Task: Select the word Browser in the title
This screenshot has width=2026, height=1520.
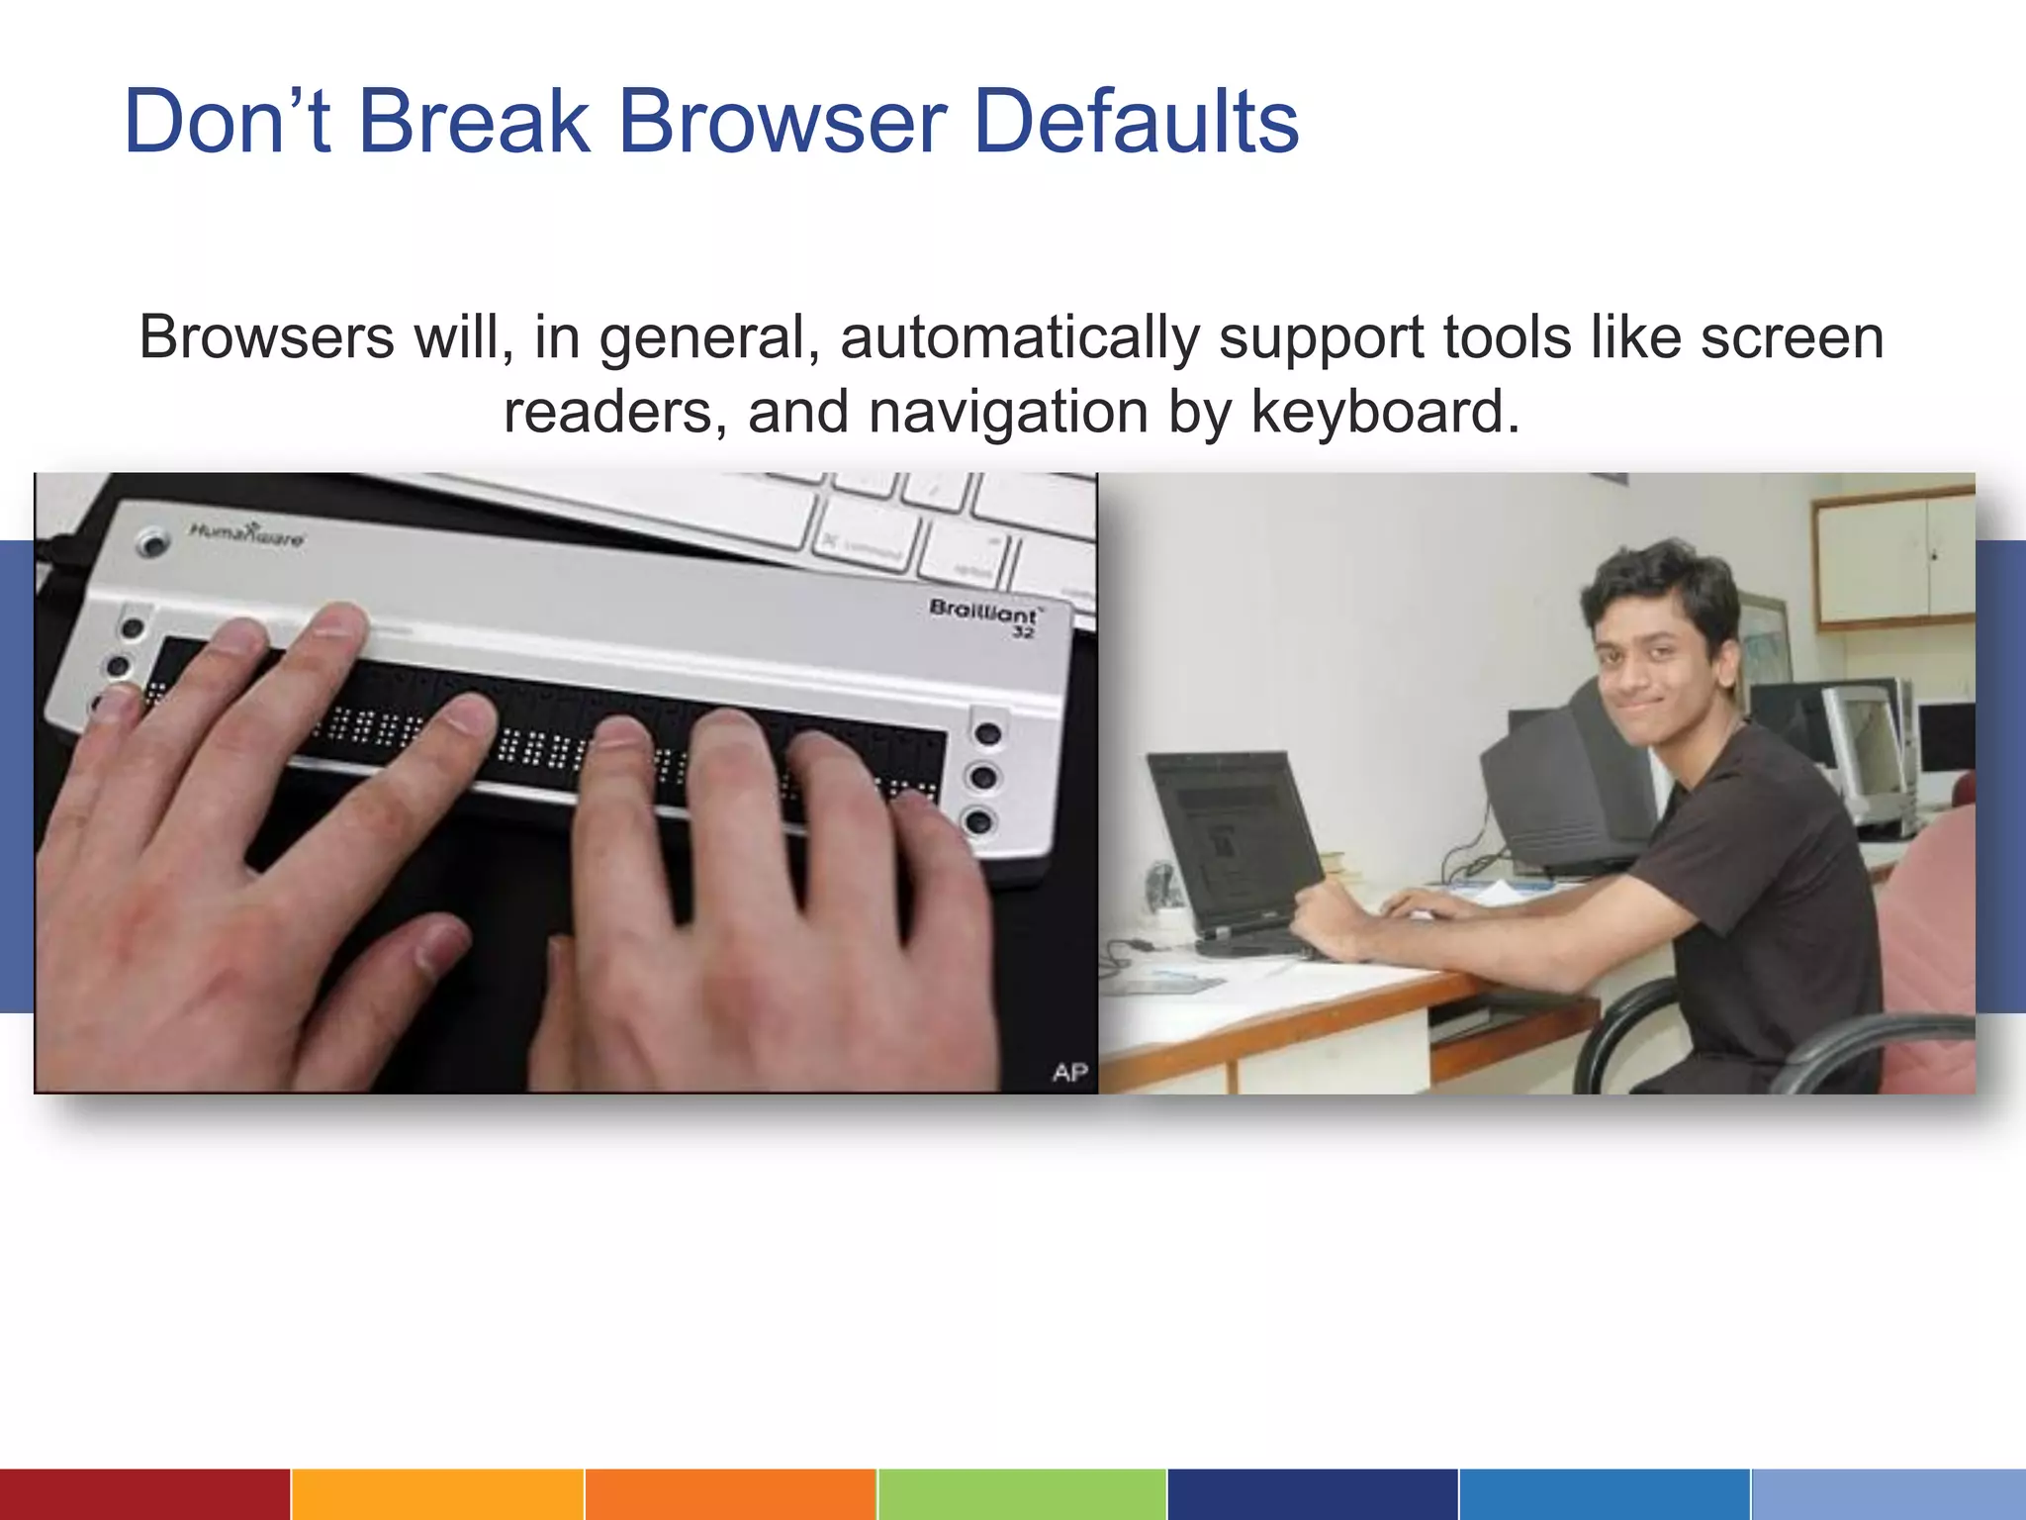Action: [x=783, y=122]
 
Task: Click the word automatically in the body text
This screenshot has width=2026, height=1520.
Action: [x=1019, y=337]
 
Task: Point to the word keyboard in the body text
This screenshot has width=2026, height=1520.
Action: [x=1384, y=412]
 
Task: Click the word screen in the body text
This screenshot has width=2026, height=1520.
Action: [x=1792, y=337]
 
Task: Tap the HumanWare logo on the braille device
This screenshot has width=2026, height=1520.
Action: [x=246, y=535]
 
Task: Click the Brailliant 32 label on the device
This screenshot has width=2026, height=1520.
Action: [x=983, y=615]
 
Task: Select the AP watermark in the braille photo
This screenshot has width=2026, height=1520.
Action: [x=1069, y=1072]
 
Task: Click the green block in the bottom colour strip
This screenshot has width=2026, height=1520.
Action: [x=1022, y=1494]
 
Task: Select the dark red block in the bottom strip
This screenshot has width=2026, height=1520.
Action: [x=144, y=1494]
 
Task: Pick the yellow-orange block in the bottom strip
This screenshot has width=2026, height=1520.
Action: [x=437, y=1494]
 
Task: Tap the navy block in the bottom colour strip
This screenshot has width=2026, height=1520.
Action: [x=1313, y=1494]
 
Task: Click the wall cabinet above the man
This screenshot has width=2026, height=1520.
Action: [x=1893, y=559]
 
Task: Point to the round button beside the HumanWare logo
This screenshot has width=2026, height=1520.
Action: [x=151, y=541]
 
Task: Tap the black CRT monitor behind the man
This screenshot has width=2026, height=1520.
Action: [x=1563, y=782]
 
